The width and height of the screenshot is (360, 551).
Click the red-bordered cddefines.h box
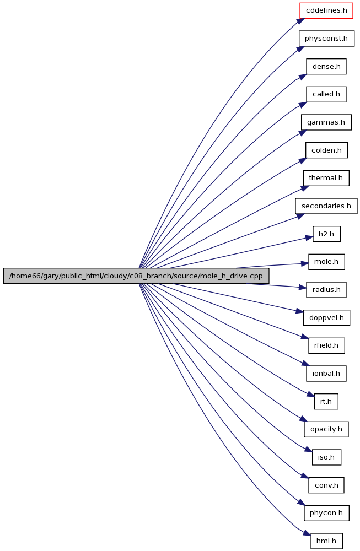pyautogui.click(x=326, y=10)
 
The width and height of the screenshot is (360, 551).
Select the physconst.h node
pyautogui.click(x=326, y=39)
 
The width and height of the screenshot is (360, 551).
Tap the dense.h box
pyautogui.click(x=326, y=67)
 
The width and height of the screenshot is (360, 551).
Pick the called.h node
pyautogui.click(x=326, y=94)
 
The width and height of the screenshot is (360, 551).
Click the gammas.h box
pyautogui.click(x=326, y=122)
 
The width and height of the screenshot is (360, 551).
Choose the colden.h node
pyautogui.click(x=326, y=150)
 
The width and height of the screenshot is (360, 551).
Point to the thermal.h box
pyautogui.click(x=326, y=178)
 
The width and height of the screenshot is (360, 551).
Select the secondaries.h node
pyautogui.click(x=326, y=206)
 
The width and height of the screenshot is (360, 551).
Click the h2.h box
pyautogui.click(x=326, y=234)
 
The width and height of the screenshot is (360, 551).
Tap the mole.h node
pyautogui.click(x=326, y=262)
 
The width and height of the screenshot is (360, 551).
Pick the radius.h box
pyautogui.click(x=326, y=290)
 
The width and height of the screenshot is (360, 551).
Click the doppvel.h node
pyautogui.click(x=326, y=318)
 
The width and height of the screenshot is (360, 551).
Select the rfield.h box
pyautogui.click(x=326, y=345)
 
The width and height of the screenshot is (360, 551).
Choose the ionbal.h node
pyautogui.click(x=326, y=373)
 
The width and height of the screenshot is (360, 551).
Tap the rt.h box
pyautogui.click(x=326, y=401)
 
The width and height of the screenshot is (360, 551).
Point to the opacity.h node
pyautogui.click(x=326, y=429)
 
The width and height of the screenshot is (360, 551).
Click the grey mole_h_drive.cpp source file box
pyautogui.click(x=136, y=276)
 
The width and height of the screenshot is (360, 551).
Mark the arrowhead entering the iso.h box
pyautogui.click(x=308, y=450)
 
